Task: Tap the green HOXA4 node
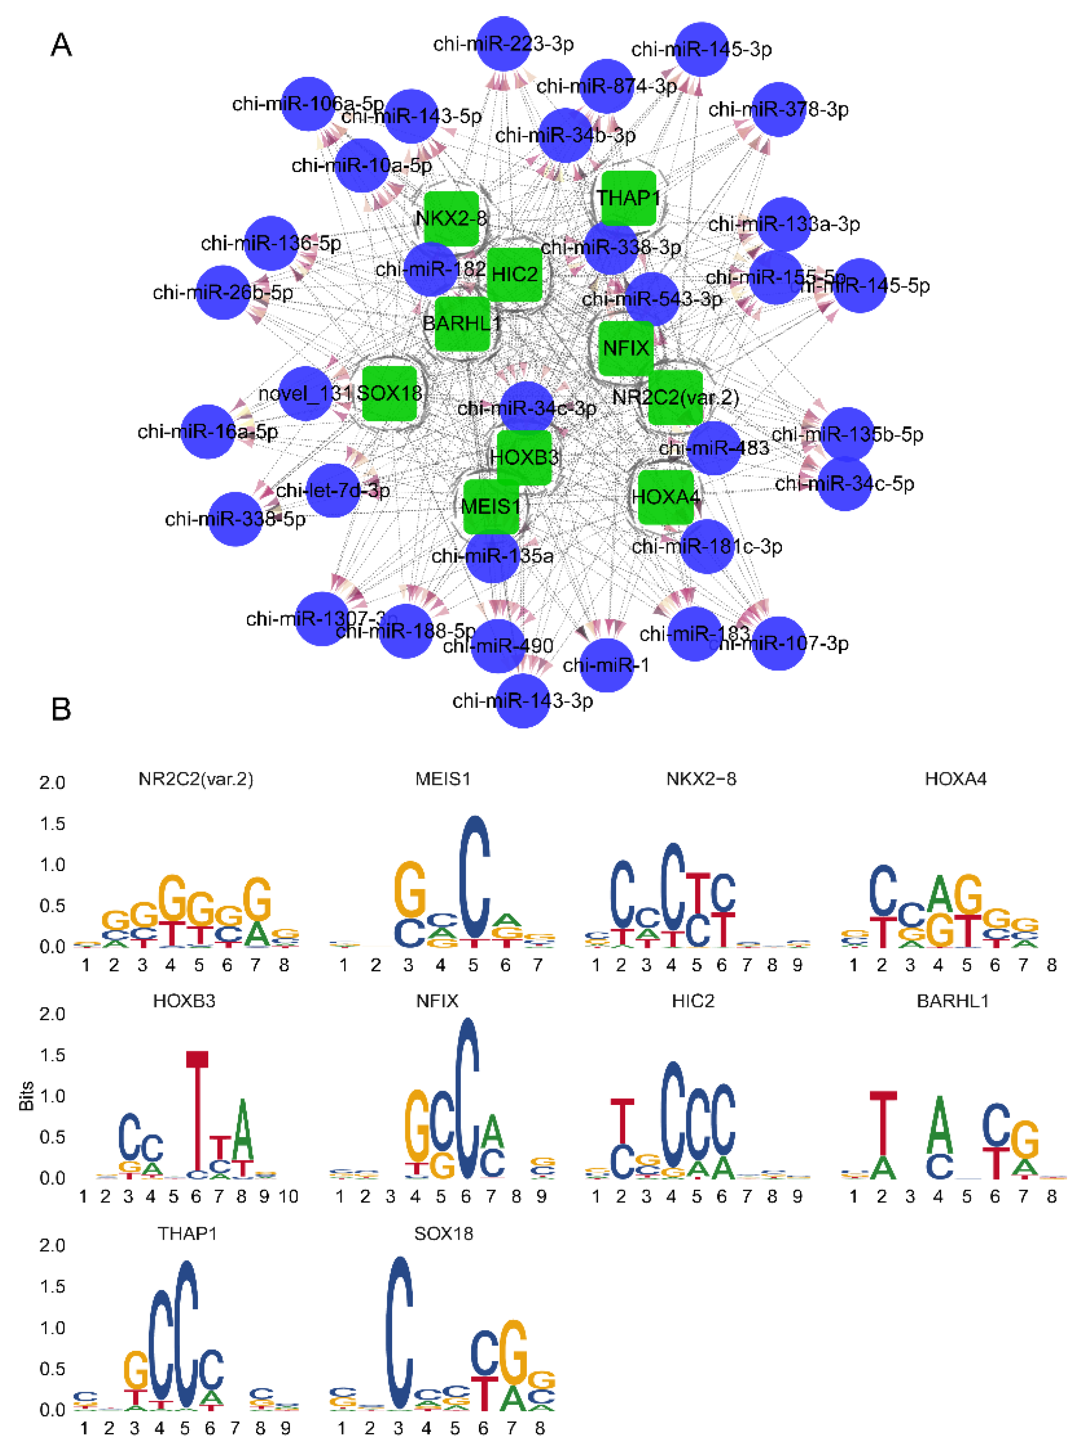(665, 497)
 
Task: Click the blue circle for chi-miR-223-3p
(503, 44)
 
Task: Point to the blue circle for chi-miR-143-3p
(522, 701)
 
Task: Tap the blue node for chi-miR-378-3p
(778, 110)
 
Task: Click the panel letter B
(61, 709)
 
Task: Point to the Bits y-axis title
(26, 1096)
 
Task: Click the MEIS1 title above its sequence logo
(443, 779)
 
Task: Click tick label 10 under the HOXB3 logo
(288, 1197)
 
